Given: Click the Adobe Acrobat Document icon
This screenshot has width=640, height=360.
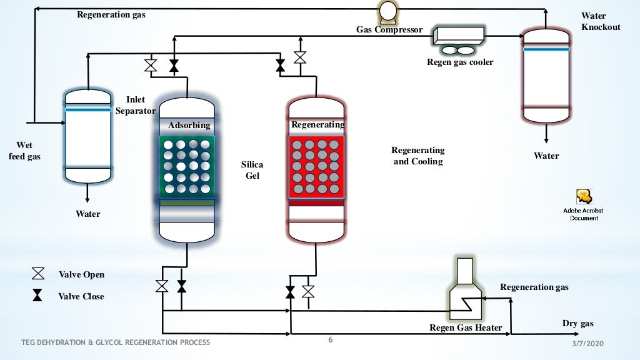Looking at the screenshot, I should [x=584, y=197].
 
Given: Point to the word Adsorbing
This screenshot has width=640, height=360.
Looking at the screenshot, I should [x=189, y=126].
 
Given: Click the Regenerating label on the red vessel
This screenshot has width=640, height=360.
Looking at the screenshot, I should [x=317, y=124].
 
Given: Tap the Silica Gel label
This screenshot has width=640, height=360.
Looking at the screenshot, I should [x=252, y=170].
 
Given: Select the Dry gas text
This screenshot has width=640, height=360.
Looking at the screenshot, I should [x=577, y=323].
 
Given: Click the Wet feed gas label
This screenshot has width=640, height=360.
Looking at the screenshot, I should [x=24, y=151].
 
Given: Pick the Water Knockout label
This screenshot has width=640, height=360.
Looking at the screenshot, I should [x=601, y=21].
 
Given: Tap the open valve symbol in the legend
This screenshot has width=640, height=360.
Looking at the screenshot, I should [x=38, y=274].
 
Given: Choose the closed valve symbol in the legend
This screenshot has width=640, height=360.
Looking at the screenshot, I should [x=38, y=296].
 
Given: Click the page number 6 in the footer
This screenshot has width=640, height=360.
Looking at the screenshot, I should [x=331, y=341].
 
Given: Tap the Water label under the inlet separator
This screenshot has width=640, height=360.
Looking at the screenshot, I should [x=88, y=214].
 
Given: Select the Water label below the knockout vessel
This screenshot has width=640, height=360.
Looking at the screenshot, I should [x=546, y=156].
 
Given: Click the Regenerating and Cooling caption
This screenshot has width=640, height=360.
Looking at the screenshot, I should [x=417, y=156].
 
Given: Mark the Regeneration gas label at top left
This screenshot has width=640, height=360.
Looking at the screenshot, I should [x=111, y=14].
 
